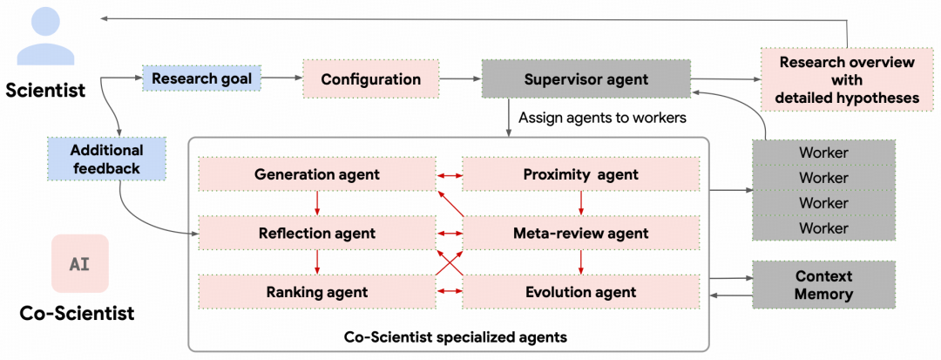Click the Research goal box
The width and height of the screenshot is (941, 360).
201,78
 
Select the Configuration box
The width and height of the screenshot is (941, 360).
371,78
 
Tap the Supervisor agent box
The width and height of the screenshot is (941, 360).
586,78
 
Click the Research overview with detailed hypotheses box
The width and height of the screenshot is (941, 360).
847,80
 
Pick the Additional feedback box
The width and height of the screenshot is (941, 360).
106,159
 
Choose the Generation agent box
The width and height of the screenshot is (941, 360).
317,174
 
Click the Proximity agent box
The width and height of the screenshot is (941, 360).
580,174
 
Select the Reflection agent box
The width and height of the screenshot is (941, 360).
317,233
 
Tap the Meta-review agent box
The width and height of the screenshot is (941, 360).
580,233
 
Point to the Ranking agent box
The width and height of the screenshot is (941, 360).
317,292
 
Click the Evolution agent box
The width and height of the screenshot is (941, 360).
580,292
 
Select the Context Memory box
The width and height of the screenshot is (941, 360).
824,284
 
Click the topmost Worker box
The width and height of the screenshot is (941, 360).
824,153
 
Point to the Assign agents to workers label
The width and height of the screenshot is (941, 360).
603,118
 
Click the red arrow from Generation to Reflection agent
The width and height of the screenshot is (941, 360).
317,203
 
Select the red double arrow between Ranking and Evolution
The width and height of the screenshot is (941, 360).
449,292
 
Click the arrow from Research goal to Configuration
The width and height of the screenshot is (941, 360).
281,78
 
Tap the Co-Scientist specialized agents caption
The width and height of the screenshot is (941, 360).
456,336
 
